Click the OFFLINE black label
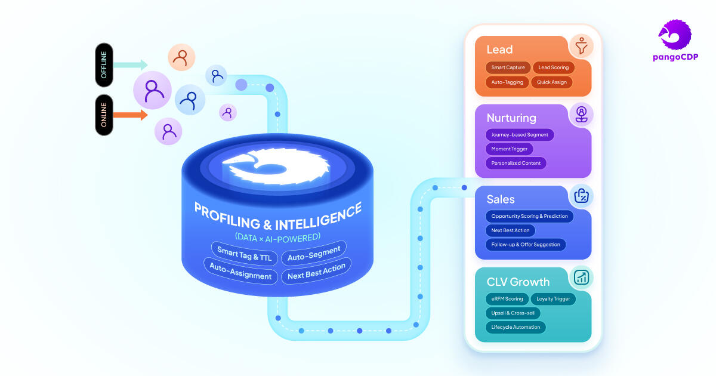(x=104, y=64)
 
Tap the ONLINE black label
(x=104, y=115)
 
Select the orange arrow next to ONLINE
(x=130, y=115)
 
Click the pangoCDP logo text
(x=675, y=56)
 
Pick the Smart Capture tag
(x=508, y=67)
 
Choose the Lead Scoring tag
(x=553, y=67)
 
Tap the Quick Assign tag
(x=551, y=82)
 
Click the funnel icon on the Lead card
(x=580, y=46)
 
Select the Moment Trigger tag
(x=509, y=149)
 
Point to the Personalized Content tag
(x=516, y=162)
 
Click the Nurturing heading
(x=511, y=118)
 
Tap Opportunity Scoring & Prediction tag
(x=529, y=216)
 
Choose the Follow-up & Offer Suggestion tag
(x=525, y=244)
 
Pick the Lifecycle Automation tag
(x=516, y=327)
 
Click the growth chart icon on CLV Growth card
(x=581, y=277)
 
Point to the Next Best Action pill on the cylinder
(x=316, y=272)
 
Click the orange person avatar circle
(x=181, y=57)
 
